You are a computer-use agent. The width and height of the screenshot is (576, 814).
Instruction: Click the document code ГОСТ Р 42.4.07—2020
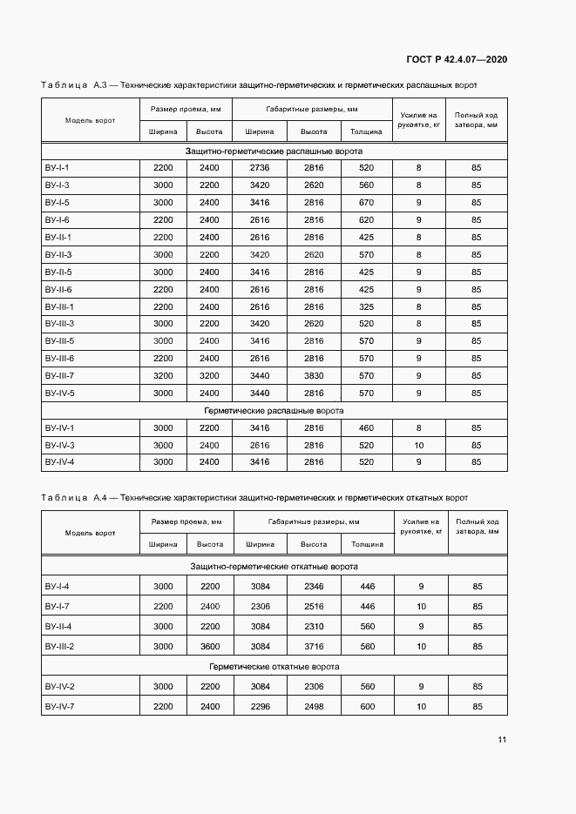click(x=457, y=59)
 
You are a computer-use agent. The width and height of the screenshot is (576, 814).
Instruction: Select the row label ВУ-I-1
click(x=57, y=167)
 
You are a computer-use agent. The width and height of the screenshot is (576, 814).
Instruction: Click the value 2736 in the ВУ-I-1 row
click(x=260, y=167)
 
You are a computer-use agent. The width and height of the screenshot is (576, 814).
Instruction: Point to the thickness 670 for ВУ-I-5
click(x=366, y=202)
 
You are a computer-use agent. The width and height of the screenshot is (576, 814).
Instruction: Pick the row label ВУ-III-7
click(x=59, y=376)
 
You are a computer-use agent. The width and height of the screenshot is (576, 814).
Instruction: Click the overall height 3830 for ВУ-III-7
click(x=314, y=376)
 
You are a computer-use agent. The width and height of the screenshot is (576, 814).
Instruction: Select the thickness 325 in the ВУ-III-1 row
click(x=366, y=306)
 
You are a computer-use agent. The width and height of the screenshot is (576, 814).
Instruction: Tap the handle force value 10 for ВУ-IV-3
click(x=418, y=445)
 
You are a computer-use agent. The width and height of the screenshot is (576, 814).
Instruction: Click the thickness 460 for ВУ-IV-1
click(x=366, y=427)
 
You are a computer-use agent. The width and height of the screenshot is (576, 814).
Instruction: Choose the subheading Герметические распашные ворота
click(x=274, y=410)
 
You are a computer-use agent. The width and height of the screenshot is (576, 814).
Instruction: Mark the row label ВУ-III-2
click(x=59, y=647)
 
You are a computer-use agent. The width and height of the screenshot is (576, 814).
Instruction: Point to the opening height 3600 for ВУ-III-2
click(x=209, y=647)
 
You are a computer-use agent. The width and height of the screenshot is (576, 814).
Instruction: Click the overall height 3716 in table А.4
click(x=314, y=647)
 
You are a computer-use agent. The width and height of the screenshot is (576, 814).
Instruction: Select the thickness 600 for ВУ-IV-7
click(x=367, y=706)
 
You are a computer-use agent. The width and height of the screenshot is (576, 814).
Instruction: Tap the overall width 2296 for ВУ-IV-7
click(x=260, y=706)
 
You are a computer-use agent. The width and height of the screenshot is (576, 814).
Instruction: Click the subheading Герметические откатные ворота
click(x=274, y=667)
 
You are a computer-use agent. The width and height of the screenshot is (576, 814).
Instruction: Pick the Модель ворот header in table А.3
click(x=90, y=120)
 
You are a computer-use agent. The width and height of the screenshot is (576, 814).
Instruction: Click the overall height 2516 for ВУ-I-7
click(x=314, y=607)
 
